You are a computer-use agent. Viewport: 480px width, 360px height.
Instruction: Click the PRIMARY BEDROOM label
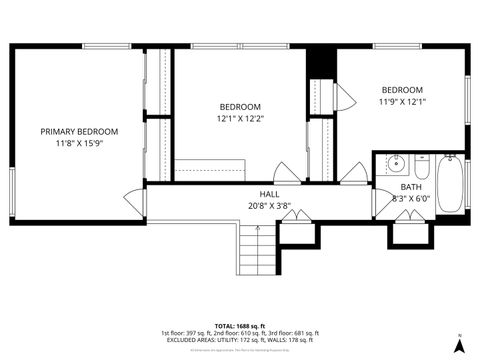tap(79, 132)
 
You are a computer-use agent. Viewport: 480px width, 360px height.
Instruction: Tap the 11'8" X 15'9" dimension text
tap(79, 144)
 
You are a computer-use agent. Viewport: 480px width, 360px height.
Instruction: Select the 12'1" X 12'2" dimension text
tap(240, 119)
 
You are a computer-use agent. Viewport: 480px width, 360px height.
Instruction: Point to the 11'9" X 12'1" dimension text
tap(402, 101)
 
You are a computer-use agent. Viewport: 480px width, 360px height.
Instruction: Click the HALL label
tap(269, 194)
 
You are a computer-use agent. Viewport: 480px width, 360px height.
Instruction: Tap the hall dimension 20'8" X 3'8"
tap(269, 206)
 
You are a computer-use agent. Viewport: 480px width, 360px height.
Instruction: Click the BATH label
tap(411, 187)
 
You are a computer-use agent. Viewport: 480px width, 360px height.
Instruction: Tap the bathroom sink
tap(394, 164)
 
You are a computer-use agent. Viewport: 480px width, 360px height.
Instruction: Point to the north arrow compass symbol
tap(458, 345)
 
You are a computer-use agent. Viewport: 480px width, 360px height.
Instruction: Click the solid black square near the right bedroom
tap(319, 62)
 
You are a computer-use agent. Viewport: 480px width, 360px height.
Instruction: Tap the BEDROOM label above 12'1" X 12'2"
tap(240, 107)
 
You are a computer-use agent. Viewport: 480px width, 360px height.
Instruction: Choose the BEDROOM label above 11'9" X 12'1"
tap(402, 89)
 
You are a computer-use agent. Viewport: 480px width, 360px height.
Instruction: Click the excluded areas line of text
tap(239, 340)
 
